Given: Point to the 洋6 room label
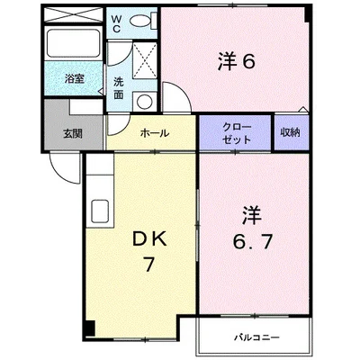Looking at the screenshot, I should (237, 61).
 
